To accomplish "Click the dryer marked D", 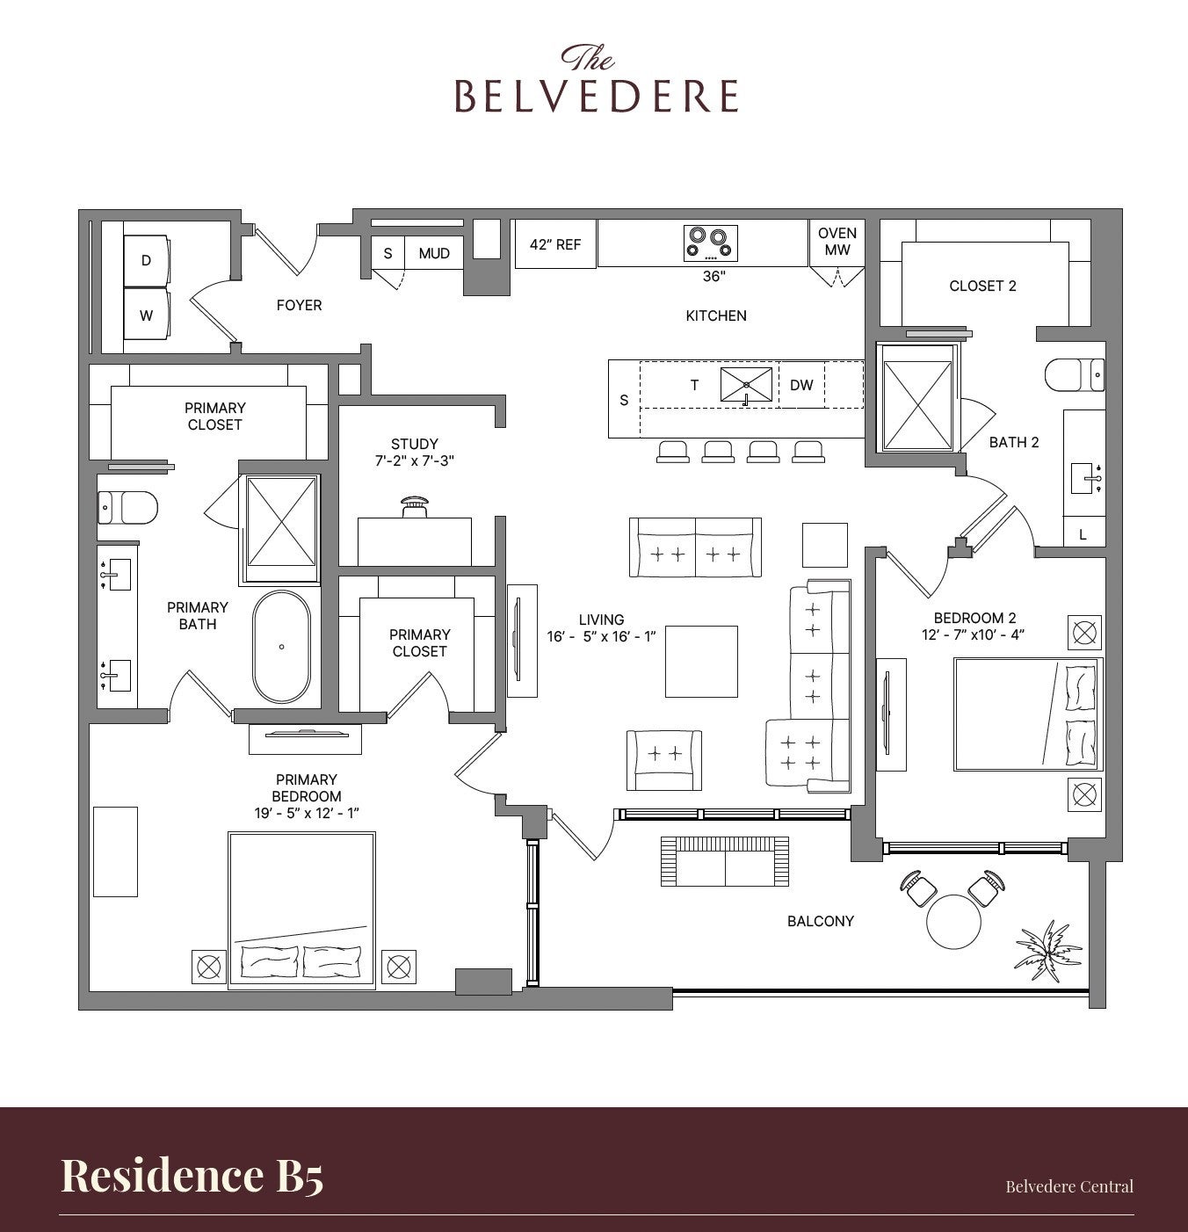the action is (146, 260).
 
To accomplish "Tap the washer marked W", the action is (146, 315).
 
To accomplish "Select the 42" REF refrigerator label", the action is (555, 244).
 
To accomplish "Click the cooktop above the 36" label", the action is (710, 243).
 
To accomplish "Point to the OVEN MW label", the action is (837, 241).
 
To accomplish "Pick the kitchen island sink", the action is (746, 385).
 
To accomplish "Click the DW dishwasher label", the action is (801, 385).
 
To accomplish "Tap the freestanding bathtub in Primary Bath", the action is (282, 647).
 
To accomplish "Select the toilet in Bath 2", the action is (1075, 375).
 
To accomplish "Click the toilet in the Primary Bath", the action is (127, 507).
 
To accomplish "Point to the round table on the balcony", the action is (953, 921).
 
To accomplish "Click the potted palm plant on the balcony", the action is (1047, 950).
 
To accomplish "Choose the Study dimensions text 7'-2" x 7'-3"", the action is (415, 460).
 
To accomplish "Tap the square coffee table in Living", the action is (701, 662).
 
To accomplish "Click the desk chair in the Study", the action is (415, 507).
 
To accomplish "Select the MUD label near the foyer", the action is (434, 253).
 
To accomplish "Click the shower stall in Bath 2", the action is (917, 398).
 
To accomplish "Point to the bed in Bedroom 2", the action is (1028, 714).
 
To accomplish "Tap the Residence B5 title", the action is (192, 1176).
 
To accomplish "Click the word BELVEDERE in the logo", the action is (597, 97).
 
